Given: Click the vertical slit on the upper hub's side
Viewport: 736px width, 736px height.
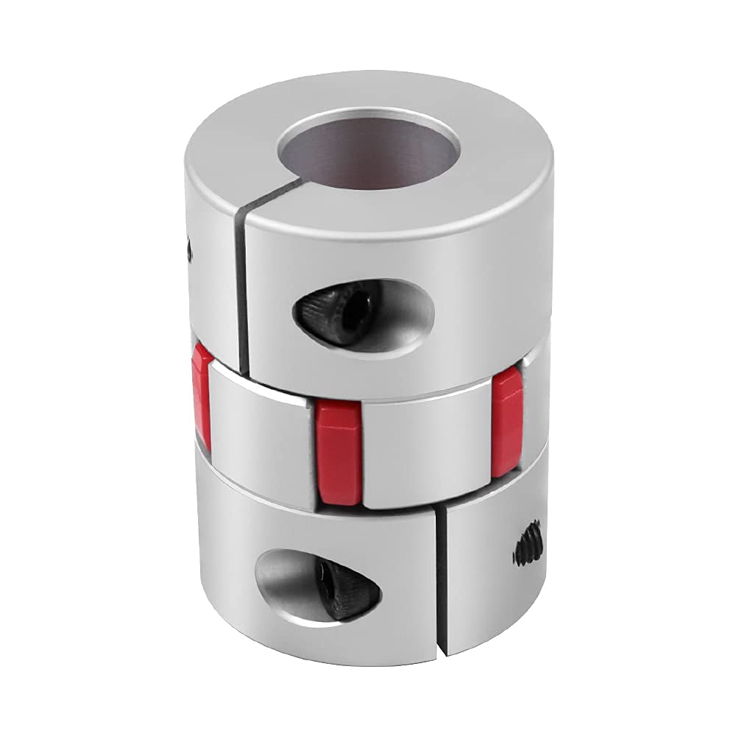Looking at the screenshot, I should point(242,294).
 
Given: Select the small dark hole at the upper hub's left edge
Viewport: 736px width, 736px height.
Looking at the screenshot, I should point(190,250).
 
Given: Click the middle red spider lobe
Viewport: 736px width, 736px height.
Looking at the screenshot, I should point(339,451).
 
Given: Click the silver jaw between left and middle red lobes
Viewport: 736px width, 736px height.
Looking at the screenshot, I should point(261,434).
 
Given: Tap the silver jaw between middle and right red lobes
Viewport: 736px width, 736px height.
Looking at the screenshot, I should point(427,449).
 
